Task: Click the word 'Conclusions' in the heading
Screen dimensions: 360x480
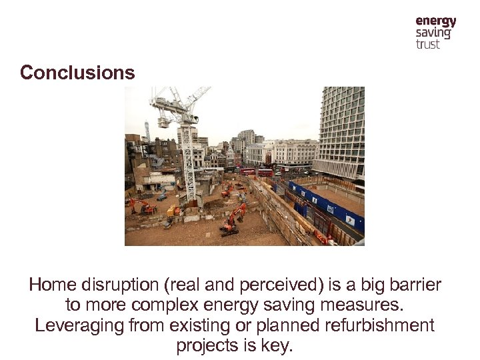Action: (77, 73)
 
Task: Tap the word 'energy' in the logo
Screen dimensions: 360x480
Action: (435, 22)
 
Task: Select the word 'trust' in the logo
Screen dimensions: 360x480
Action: (427, 44)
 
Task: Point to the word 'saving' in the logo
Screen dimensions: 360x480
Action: (433, 33)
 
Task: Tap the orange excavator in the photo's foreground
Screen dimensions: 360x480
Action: (232, 221)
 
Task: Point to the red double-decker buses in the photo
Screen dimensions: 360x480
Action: (256, 172)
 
